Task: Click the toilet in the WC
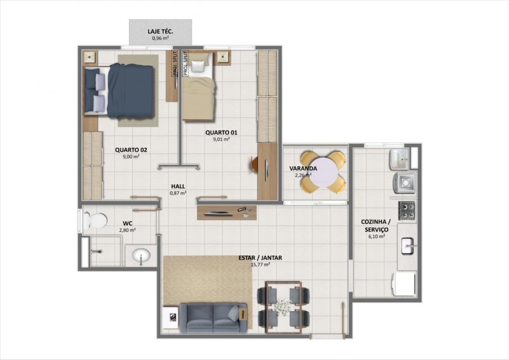(x=95, y=220)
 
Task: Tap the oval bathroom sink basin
(x=141, y=256)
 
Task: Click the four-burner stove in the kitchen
(x=407, y=210)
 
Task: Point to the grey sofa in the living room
(x=213, y=318)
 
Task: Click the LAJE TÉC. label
(x=160, y=32)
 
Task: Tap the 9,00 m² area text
(x=131, y=156)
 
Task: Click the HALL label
(x=178, y=186)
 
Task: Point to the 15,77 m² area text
(x=260, y=265)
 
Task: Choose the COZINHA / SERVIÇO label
(x=376, y=226)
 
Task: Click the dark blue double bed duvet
(x=130, y=91)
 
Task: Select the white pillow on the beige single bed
(x=197, y=67)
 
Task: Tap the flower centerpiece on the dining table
(x=283, y=306)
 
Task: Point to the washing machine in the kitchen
(x=405, y=182)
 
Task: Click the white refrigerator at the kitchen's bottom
(x=404, y=284)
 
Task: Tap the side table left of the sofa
(x=171, y=317)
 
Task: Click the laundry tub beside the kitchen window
(x=399, y=159)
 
